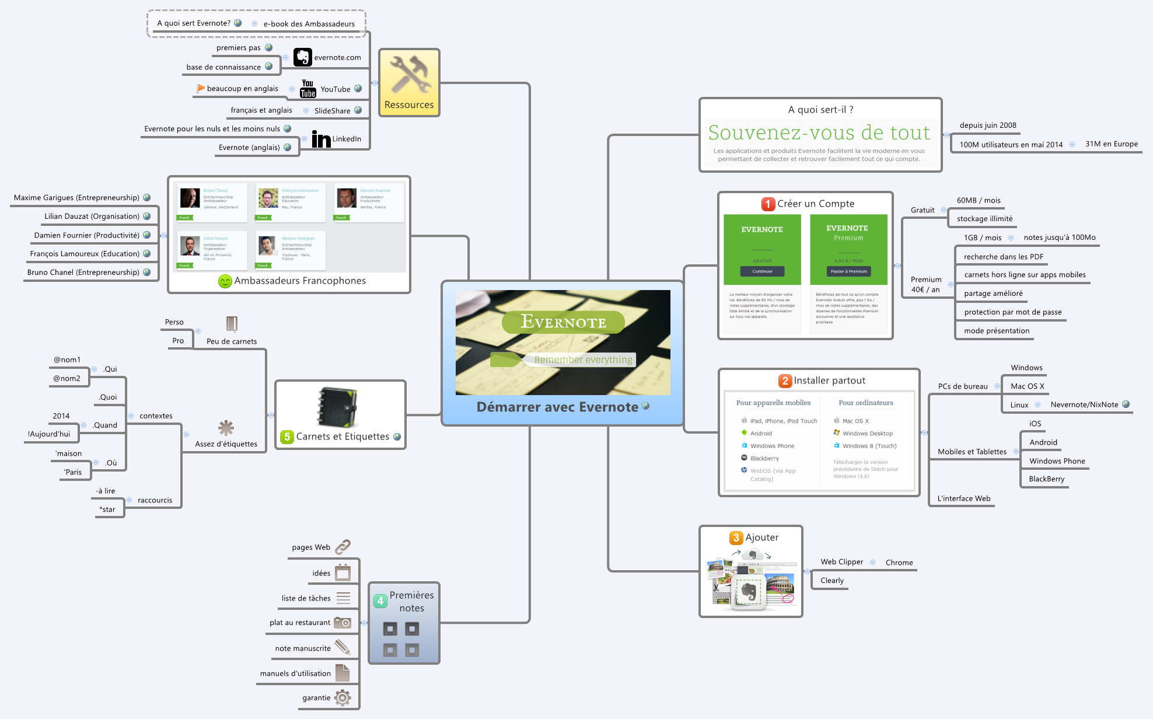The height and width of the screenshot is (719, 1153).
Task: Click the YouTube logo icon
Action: pos(308,89)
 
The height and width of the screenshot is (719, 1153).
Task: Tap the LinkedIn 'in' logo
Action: pos(321,139)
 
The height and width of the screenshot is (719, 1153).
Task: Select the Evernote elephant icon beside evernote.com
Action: pos(302,57)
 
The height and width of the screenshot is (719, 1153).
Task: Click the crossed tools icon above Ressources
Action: pos(410,75)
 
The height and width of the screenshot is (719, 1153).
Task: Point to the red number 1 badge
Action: pos(768,204)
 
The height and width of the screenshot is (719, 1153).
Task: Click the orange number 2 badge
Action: pos(785,381)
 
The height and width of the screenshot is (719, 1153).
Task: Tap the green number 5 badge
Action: pos(286,437)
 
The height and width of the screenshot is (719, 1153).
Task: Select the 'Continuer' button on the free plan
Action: pos(762,271)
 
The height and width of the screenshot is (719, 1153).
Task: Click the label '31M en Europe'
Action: pos(1111,144)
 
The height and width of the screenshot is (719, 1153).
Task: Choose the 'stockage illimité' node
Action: pos(984,219)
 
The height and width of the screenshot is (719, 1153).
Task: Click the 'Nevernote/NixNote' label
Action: pos(1084,404)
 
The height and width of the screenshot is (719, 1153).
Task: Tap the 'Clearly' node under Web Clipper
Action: pos(831,581)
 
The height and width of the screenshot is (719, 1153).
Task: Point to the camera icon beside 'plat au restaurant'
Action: pos(343,623)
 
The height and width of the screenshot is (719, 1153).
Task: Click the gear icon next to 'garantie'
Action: pos(343,697)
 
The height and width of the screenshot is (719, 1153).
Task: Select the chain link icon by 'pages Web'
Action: pos(343,547)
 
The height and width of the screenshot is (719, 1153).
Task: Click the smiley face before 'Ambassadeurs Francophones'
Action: pos(225,281)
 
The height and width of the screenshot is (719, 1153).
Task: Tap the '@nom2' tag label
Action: pos(67,379)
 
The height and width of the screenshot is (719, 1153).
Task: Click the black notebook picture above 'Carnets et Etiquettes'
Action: pos(337,407)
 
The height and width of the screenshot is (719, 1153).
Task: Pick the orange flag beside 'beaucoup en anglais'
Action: pos(201,89)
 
